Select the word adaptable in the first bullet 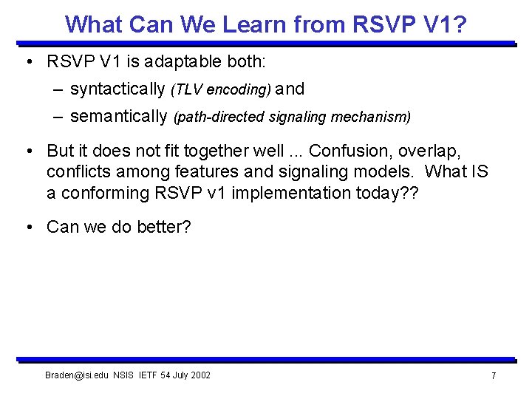[x=168, y=61]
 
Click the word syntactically [x=117, y=89]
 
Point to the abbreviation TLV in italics [x=189, y=90]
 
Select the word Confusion [x=350, y=151]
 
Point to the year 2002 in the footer [x=199, y=375]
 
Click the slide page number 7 [x=493, y=376]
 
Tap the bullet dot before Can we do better [x=28, y=227]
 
